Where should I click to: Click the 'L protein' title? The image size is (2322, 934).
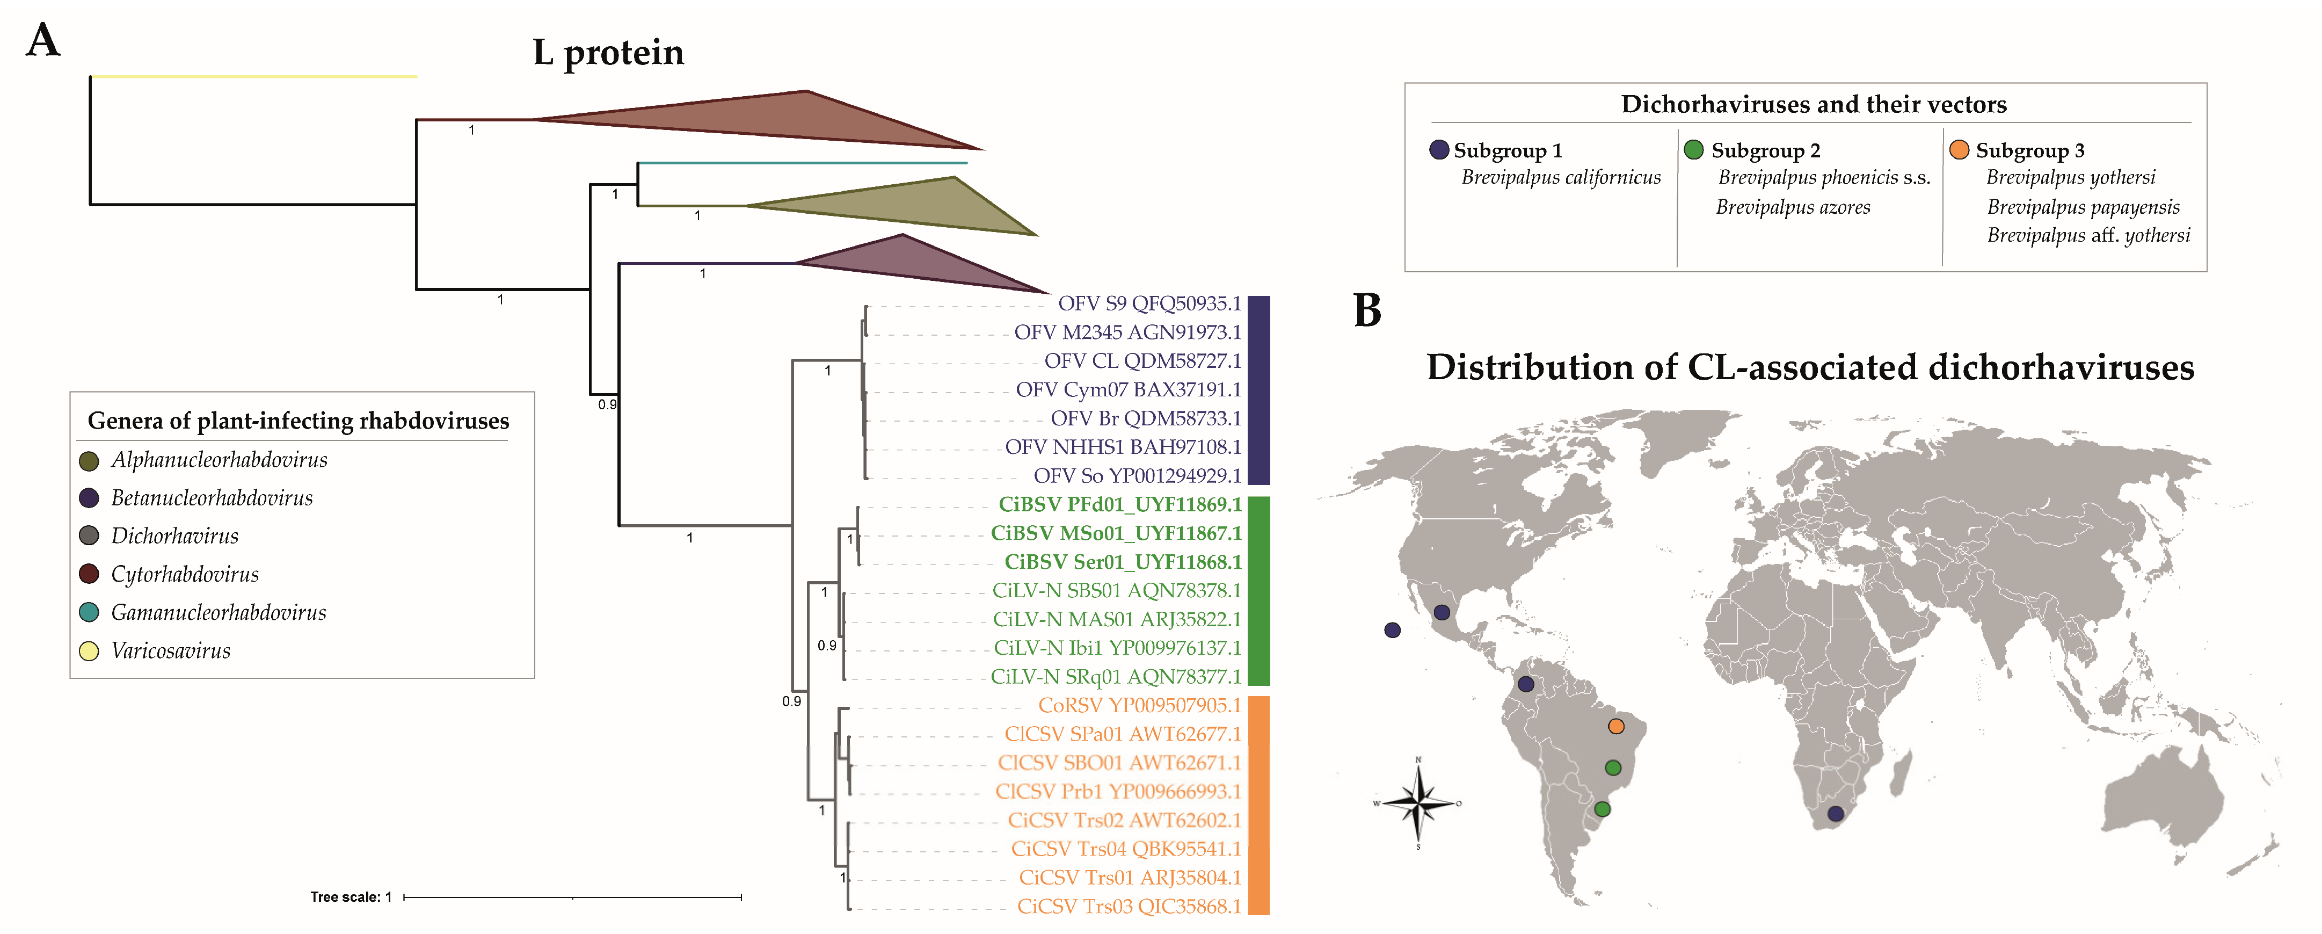(608, 52)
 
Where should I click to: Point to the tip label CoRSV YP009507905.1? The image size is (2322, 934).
(1139, 706)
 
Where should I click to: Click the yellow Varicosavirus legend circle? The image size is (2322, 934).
(89, 651)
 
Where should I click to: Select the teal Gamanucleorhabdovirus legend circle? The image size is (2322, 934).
(89, 613)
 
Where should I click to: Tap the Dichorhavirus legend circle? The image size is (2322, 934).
(89, 537)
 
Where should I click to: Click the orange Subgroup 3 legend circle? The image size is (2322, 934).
(1959, 150)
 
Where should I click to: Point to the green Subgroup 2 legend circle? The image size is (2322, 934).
(1694, 150)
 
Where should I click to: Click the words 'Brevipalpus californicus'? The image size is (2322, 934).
(1560, 178)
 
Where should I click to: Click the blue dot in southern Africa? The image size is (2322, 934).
(1835, 814)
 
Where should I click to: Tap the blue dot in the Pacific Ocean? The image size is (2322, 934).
(1393, 630)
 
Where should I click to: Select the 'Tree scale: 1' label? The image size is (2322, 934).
(351, 897)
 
